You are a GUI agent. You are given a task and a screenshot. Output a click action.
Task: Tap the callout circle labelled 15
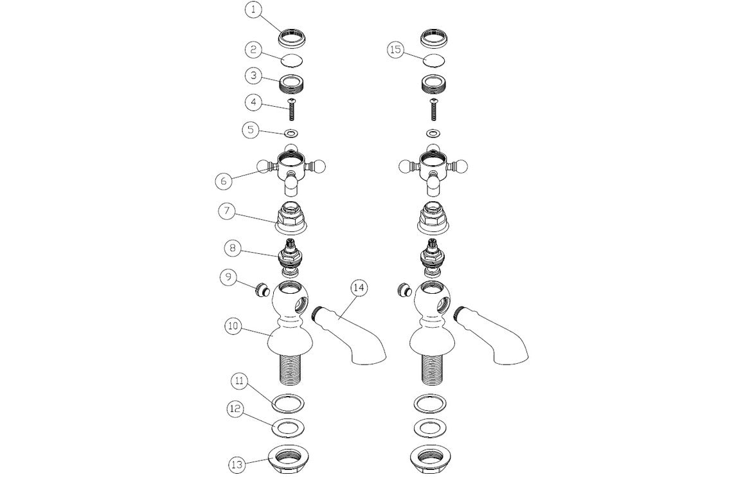(396, 50)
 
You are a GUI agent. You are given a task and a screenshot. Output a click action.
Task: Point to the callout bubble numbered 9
(228, 278)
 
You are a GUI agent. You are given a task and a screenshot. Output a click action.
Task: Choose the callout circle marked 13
(238, 464)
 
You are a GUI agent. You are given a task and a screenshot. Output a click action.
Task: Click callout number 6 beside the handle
(224, 181)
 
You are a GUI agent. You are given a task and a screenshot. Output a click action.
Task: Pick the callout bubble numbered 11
(240, 382)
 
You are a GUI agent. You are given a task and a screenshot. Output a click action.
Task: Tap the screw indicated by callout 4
(291, 109)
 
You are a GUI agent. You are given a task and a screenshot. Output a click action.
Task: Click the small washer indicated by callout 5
(291, 132)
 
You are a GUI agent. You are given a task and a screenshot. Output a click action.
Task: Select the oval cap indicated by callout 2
(291, 61)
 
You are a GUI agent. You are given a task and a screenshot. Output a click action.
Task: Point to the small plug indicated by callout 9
(261, 290)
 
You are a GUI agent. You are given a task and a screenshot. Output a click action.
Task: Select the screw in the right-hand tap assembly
(433, 109)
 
